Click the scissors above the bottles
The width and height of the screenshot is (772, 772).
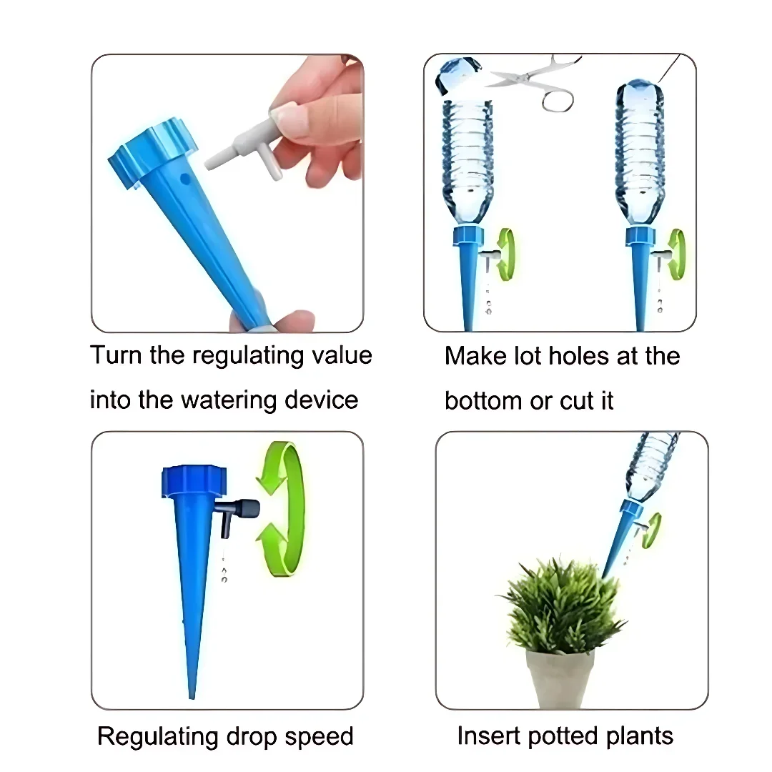tap(537, 81)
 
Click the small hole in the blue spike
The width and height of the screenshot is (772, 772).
tap(185, 178)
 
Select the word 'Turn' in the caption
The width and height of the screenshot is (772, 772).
tap(117, 355)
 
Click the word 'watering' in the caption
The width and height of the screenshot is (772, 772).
tap(229, 400)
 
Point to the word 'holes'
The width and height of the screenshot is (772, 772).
tap(578, 355)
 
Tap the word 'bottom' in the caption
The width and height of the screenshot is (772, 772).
tap(483, 400)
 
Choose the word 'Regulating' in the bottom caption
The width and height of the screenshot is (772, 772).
tap(157, 737)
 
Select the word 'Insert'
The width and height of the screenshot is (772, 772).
tap(489, 736)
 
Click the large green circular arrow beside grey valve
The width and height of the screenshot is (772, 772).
tap(282, 510)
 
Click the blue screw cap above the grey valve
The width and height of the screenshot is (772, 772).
tap(194, 481)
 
